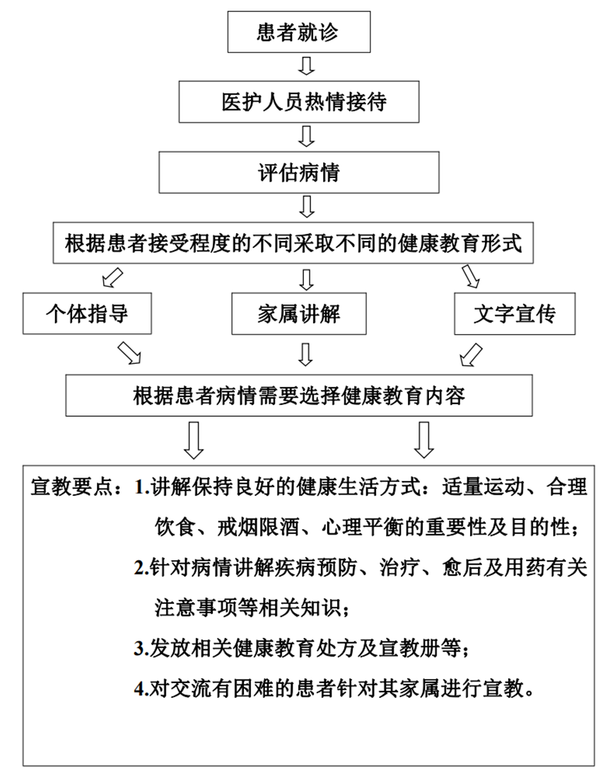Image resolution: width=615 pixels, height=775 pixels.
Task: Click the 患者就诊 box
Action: tap(298, 32)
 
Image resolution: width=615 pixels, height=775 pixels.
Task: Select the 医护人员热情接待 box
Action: tap(298, 102)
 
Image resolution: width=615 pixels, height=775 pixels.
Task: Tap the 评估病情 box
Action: tap(298, 172)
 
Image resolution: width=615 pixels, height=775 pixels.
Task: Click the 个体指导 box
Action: tap(87, 314)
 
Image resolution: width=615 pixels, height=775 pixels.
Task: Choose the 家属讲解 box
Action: tap(298, 314)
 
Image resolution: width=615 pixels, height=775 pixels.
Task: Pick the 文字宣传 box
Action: tap(515, 314)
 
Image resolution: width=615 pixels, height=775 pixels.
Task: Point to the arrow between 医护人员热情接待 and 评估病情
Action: tap(307, 136)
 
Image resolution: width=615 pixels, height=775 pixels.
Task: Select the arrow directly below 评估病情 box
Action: tap(307, 206)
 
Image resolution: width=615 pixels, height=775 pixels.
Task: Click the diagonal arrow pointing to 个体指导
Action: tap(112, 277)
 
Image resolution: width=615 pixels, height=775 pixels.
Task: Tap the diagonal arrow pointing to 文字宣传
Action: tap(471, 276)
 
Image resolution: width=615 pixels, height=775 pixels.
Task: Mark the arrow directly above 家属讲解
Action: tap(307, 280)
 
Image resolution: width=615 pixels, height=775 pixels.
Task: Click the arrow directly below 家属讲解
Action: tap(306, 355)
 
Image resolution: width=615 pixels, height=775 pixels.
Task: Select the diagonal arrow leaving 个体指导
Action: tap(129, 353)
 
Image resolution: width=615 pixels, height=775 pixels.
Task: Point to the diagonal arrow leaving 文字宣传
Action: tap(471, 355)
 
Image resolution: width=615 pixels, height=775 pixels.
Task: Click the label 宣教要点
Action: tap(72, 487)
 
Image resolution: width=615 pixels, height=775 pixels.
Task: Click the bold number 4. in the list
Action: tap(142, 689)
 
